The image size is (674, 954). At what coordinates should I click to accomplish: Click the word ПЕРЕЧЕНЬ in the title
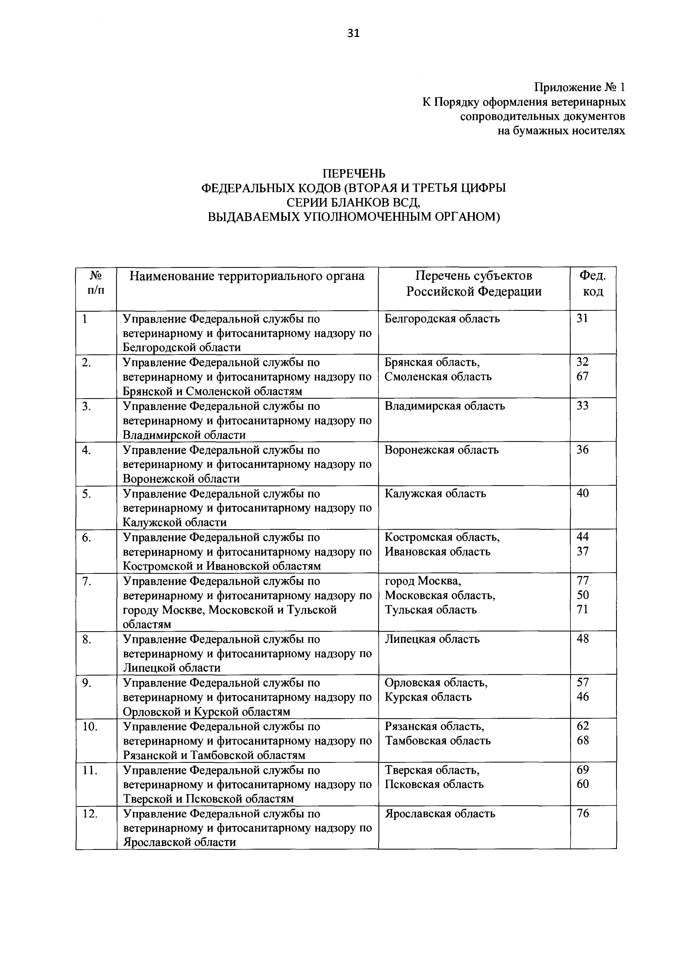tap(354, 173)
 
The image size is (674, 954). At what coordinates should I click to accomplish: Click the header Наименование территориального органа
tap(247, 276)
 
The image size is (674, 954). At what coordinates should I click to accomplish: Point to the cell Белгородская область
tap(442, 319)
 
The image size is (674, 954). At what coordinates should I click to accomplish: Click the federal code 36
tap(583, 450)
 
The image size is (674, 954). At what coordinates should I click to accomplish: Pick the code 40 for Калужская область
tap(583, 493)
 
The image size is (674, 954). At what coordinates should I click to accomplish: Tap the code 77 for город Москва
tap(583, 580)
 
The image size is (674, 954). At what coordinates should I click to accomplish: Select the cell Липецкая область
tap(432, 639)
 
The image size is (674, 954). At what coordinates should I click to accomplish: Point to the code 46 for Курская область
tap(583, 697)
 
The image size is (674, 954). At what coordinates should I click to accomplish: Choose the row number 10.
tap(90, 727)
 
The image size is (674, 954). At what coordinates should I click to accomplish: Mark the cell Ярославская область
tap(440, 814)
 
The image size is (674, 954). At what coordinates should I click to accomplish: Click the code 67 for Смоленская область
tap(583, 376)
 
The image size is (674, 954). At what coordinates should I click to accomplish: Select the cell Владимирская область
tap(445, 406)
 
